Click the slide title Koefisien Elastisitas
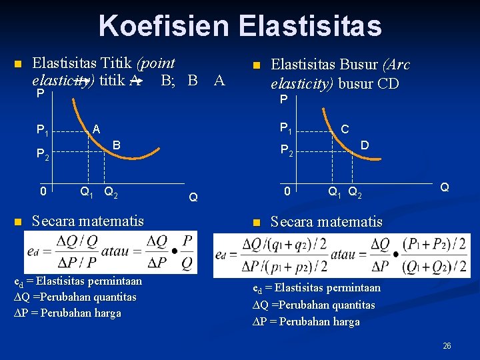point(240,26)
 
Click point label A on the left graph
point(96,129)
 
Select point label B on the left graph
point(116,145)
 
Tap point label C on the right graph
point(345,129)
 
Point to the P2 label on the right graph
point(286,150)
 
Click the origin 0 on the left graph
point(42,193)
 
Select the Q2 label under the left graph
point(111,193)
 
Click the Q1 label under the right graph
point(336,195)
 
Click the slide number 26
point(447,346)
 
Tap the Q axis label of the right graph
point(444,188)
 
